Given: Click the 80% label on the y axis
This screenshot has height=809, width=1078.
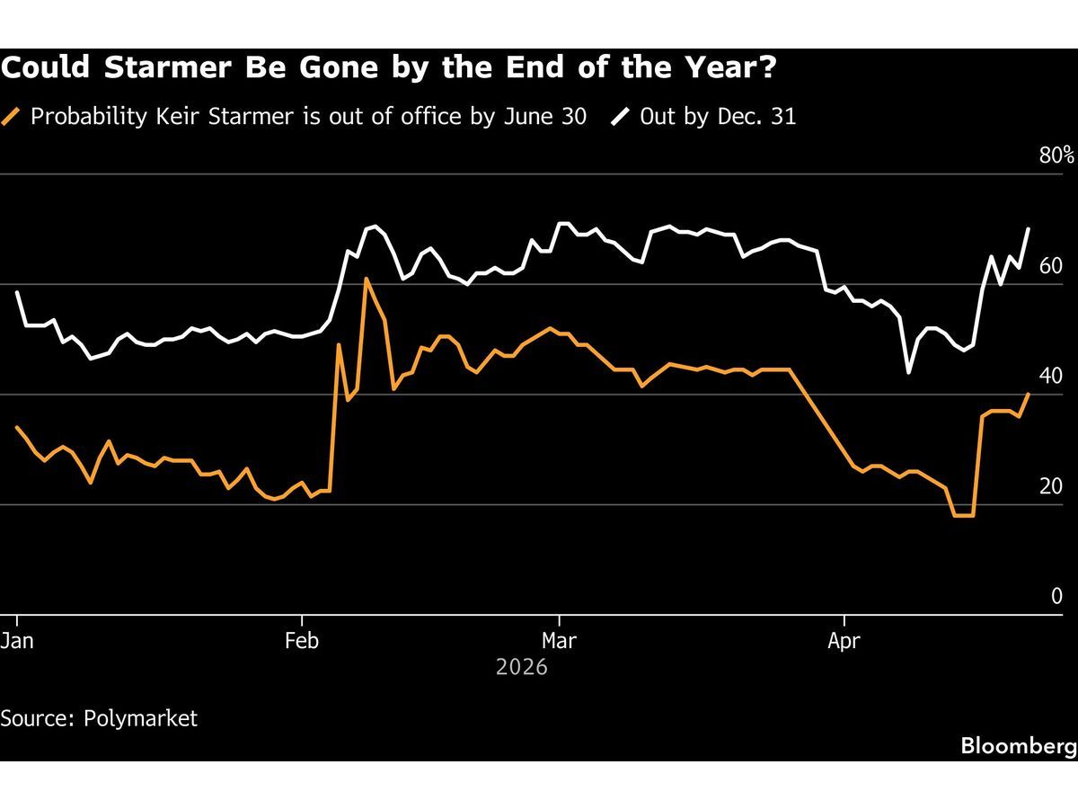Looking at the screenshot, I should (x=1056, y=156).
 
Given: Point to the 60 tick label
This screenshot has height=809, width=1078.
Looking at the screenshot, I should (x=1050, y=266).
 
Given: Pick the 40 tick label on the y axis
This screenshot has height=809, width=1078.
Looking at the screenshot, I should (x=1050, y=377).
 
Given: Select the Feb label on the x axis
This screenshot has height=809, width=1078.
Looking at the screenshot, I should (x=302, y=642).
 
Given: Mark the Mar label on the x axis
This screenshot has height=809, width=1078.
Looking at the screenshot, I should (x=559, y=642).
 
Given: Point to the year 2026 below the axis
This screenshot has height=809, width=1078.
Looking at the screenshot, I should (x=521, y=669).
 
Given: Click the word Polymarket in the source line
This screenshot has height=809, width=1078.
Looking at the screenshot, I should (x=140, y=719).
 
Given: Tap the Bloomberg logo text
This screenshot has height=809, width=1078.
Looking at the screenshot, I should (x=1018, y=746).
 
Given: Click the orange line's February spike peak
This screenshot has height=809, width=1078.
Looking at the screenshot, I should (x=367, y=279).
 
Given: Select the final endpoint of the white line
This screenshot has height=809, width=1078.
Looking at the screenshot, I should (x=1029, y=228).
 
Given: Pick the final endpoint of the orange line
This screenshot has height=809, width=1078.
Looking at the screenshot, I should (x=1029, y=394).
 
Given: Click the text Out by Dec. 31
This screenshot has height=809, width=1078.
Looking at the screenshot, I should (x=718, y=117).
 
